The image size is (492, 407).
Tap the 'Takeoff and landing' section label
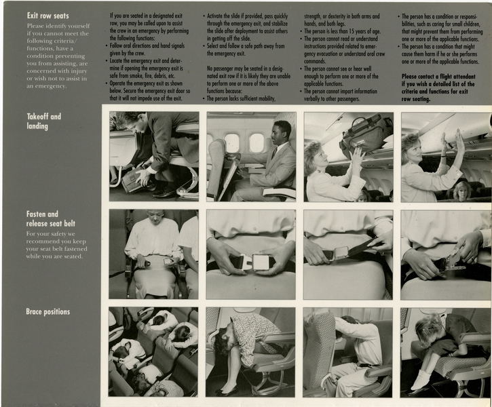tap(43, 121)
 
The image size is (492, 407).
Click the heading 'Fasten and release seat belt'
tap(52, 218)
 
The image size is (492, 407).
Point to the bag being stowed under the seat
tap(133, 180)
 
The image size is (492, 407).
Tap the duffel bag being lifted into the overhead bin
tap(366, 134)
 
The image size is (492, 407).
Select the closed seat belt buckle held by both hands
tap(250, 261)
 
